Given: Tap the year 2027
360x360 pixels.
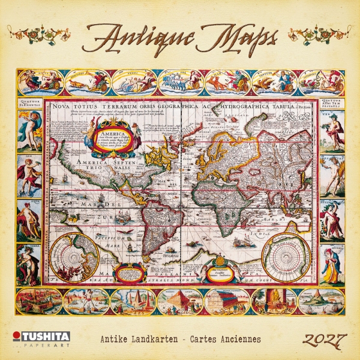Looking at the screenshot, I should click(x=323, y=339).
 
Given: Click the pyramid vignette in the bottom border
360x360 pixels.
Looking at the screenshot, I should click(x=180, y=302).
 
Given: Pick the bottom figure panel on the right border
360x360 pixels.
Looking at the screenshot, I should click(x=332, y=264).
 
